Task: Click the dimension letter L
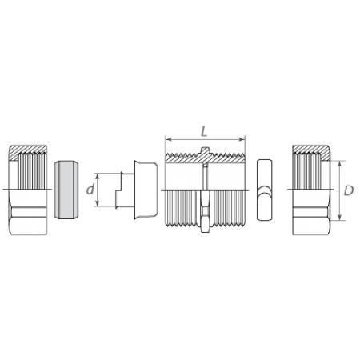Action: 204,131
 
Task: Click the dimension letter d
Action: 90,190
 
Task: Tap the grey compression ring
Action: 66,190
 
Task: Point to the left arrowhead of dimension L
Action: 169,139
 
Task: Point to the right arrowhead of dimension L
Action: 242,139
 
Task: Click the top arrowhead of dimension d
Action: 98,176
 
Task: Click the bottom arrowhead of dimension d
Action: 98,203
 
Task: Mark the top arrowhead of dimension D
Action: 339,164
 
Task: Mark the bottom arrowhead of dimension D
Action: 339,217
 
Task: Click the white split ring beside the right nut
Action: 265,190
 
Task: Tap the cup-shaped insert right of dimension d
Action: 146,190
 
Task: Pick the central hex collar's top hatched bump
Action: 205,150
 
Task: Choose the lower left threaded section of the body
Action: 183,208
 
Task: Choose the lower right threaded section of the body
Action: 228,208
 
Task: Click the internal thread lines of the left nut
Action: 31,171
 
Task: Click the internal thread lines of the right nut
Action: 306,171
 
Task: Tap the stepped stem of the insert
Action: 125,190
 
